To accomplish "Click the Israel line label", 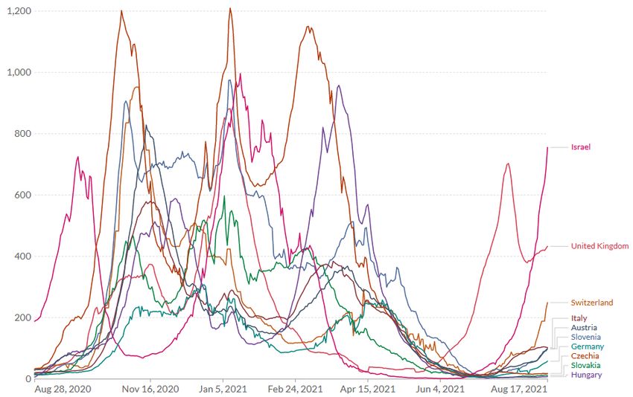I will (581, 147).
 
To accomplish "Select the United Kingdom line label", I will (599, 246).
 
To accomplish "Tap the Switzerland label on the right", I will (592, 303).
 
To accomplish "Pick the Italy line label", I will (579, 318).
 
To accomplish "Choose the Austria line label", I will (582, 328).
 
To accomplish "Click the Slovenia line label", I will (585, 337).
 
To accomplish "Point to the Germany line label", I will (587, 346).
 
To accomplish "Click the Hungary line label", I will (586, 375).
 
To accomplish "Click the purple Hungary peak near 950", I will (339, 86).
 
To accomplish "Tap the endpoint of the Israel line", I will (547, 147).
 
